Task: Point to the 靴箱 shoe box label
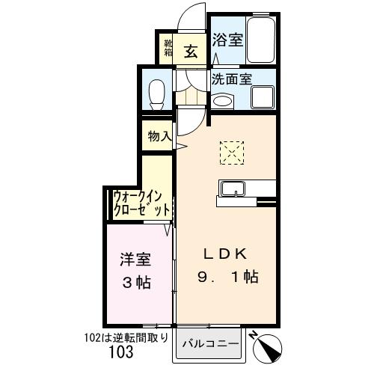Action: [x=168, y=49]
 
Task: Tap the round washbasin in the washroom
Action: [x=222, y=102]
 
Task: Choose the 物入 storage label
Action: [x=159, y=136]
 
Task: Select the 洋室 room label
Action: [x=136, y=260]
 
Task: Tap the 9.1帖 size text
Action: [x=227, y=278]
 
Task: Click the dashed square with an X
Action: [x=232, y=153]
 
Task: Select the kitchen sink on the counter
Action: [x=230, y=186]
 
